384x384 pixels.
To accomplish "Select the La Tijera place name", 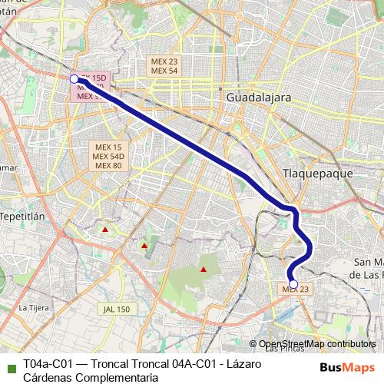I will (33, 307).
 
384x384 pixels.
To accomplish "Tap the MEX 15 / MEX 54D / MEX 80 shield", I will (107, 156).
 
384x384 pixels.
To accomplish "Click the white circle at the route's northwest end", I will (74, 78).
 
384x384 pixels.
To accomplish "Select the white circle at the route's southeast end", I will (293, 283).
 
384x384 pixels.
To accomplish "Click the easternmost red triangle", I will (203, 270).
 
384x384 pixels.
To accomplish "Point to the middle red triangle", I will (144, 246).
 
